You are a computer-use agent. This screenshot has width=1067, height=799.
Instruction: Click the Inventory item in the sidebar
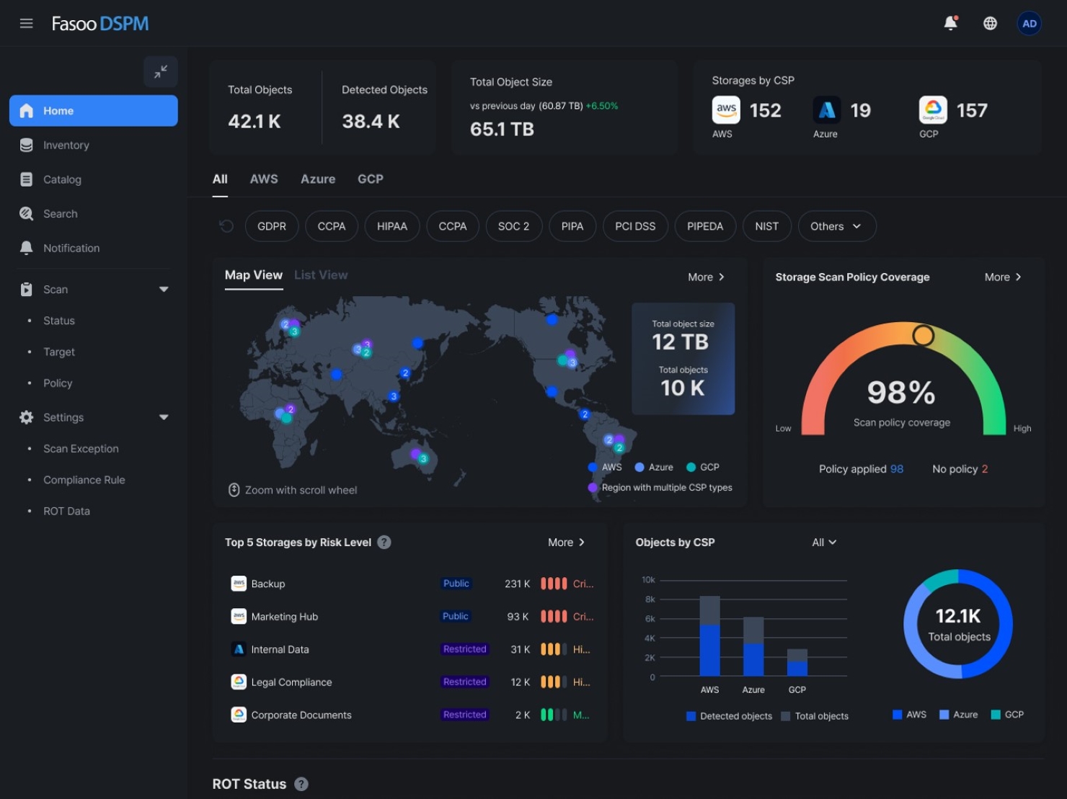[x=66, y=145]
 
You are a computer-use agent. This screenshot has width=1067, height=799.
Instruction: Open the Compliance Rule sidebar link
[x=84, y=480]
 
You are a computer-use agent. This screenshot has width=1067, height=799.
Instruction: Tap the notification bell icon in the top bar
[x=950, y=24]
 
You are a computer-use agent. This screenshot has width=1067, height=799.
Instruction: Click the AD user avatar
[x=1029, y=24]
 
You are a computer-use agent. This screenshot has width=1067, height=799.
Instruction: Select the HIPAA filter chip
[x=391, y=226]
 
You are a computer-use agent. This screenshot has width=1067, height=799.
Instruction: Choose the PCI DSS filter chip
[x=634, y=226]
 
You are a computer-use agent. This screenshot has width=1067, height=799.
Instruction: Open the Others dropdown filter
[x=836, y=226]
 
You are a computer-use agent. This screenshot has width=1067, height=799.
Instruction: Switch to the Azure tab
[x=317, y=179]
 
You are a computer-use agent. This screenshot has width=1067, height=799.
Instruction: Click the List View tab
[x=320, y=275]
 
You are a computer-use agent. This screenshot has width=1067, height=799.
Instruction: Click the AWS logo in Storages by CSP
[x=726, y=110]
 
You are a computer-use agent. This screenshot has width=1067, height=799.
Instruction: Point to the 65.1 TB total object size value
[x=502, y=130]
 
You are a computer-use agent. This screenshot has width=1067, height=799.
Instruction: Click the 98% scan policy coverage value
[x=900, y=393]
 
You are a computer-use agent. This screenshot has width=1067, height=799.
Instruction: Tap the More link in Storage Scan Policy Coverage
[x=1002, y=277]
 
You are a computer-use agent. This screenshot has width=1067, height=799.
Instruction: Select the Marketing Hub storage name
[x=284, y=617]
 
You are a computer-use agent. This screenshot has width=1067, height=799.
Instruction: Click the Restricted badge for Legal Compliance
[x=464, y=682]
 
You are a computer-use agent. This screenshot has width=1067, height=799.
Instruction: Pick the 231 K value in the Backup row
[x=517, y=584]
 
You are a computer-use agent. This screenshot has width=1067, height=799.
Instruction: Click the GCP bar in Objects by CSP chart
[x=797, y=662]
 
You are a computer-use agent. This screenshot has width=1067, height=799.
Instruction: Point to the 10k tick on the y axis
[x=648, y=580]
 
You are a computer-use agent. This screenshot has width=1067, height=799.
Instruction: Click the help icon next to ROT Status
[x=301, y=784]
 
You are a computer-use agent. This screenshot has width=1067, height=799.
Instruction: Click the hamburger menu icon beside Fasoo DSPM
[x=27, y=24]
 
